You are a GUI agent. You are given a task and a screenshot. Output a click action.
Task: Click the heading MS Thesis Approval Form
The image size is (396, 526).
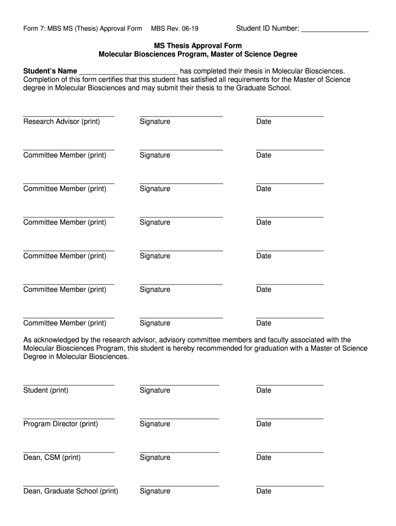pos(198,46)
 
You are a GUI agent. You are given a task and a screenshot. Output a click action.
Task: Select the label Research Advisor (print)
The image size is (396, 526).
pos(62,121)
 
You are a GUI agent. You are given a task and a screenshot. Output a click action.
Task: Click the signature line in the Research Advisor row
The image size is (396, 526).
pos(181,116)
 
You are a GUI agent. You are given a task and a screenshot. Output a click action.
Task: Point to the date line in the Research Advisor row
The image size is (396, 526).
pos(290,116)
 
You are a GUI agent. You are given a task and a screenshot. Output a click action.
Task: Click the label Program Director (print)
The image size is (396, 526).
pos(61,424)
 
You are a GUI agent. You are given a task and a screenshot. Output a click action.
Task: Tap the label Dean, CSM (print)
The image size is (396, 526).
pos(52,457)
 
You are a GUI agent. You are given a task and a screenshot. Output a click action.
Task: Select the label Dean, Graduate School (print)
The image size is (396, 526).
pos(70,491)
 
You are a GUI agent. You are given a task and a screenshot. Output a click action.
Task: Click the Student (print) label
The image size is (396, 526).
pos(46,390)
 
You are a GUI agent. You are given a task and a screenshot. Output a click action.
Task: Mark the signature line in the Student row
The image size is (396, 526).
pos(179,384)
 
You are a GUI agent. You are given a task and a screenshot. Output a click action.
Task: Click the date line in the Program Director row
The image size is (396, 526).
pos(290,418)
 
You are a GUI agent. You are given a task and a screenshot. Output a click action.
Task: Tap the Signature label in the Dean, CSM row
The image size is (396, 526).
pos(155,457)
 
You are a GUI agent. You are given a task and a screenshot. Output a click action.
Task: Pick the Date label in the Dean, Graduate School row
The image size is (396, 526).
pos(263,491)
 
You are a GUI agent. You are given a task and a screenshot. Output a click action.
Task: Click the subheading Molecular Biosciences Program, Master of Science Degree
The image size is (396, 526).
pos(198,54)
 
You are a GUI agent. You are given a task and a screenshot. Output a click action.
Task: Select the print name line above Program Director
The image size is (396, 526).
pos(68,418)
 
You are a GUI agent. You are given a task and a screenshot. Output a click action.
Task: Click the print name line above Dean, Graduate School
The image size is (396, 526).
pos(68,485)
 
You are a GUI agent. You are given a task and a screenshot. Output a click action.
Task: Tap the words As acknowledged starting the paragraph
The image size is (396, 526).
pos(50,340)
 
